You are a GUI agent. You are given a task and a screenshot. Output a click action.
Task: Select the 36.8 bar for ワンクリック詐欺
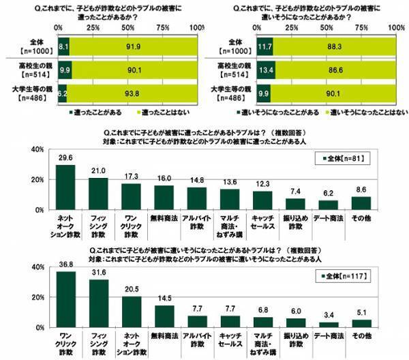(65, 301)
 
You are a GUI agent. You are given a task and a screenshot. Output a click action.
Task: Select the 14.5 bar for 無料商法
(164, 316)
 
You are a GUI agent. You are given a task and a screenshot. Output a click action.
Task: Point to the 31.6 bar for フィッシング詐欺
(98, 304)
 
